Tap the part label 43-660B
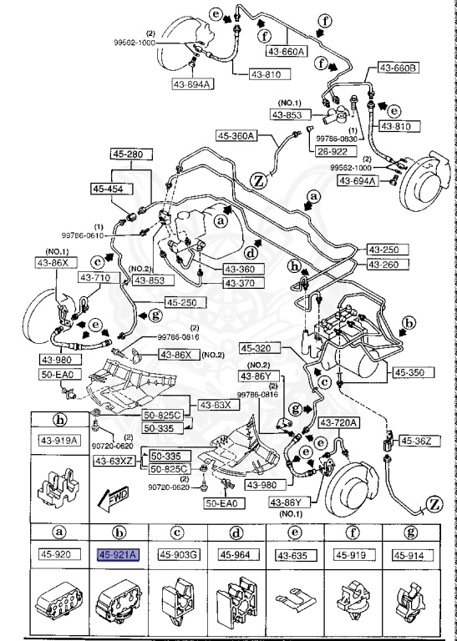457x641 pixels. point(399,68)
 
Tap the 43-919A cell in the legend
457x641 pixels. point(61,441)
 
